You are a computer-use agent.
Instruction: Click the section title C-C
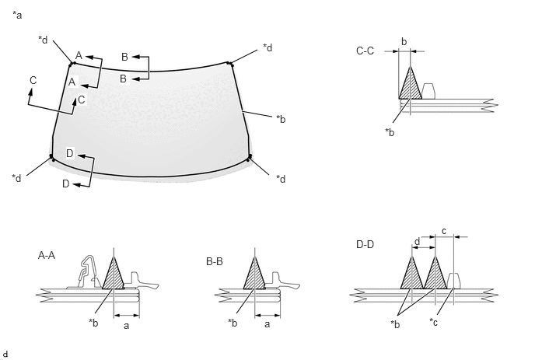pos(365,51)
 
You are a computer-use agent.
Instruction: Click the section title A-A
pos(47,255)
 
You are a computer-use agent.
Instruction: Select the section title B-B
pos(215,261)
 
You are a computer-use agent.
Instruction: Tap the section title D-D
pos(365,244)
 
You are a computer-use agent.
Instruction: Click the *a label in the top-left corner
pos(17,15)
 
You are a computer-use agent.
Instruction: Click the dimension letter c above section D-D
pos(443,231)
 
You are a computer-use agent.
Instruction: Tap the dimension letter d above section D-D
pos(417,242)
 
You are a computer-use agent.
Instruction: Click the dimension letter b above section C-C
pos(404,42)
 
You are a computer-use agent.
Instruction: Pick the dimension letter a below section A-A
pos(126,326)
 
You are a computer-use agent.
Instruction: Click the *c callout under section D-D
pos(433,322)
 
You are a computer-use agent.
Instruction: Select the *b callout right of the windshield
pos(281,119)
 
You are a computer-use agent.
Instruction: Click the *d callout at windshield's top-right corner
pos(267,47)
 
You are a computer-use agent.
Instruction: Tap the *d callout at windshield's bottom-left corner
pos(16,178)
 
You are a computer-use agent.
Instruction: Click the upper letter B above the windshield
pos(125,57)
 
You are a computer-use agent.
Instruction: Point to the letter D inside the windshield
pos(70,153)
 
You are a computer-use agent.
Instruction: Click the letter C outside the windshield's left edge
pos(33,80)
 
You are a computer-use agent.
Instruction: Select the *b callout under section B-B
pos(233,323)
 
